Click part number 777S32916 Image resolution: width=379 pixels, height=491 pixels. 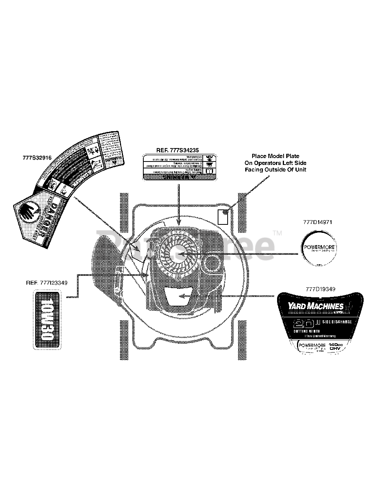click(x=37, y=157)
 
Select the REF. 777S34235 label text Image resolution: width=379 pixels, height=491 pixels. click(x=179, y=150)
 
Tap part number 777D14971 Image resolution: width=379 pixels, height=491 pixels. click(x=318, y=222)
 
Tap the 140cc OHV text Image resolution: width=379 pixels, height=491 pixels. click(x=335, y=347)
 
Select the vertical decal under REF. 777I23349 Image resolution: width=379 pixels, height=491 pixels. click(x=47, y=320)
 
